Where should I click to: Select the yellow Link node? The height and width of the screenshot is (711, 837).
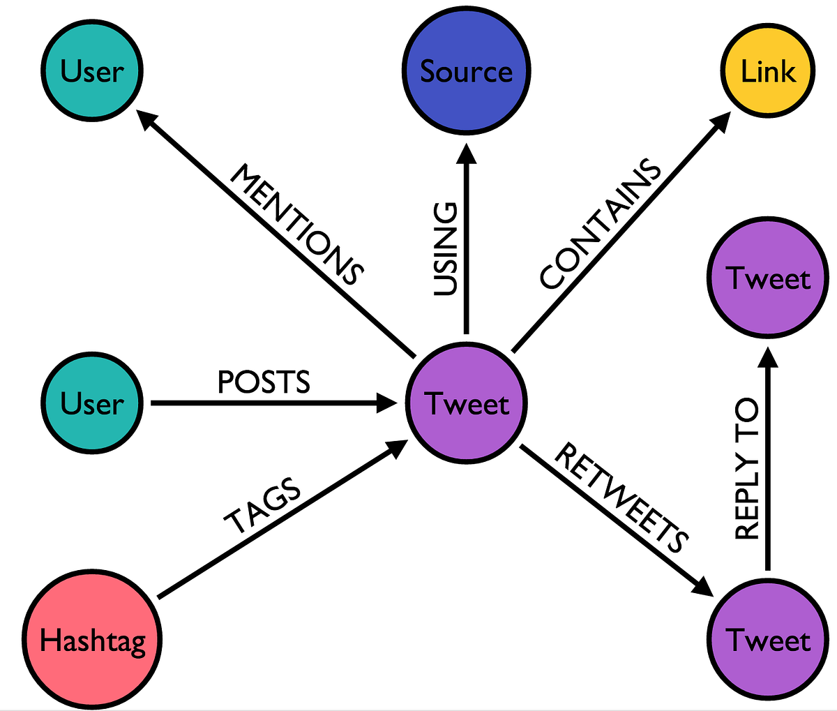coord(767,71)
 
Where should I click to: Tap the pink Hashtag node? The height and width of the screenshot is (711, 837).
coord(92,640)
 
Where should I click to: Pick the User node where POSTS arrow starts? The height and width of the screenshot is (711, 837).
coord(91,403)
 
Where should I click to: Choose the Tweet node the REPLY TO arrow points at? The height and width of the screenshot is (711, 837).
coord(768,278)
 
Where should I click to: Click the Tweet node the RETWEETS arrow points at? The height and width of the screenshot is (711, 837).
coord(768,640)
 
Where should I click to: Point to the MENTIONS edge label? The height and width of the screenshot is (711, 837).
coord(297,224)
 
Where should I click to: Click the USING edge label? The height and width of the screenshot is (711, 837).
coord(446,249)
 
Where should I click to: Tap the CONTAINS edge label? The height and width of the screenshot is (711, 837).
coord(601,224)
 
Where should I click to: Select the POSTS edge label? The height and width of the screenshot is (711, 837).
coord(264,382)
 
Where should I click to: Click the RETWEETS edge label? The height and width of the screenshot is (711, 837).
coord(621,496)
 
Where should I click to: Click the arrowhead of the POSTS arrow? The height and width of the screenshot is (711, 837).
coord(386,403)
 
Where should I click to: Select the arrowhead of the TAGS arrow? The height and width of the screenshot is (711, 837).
coord(398,447)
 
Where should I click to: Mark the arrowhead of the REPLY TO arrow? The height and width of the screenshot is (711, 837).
coord(768,357)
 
